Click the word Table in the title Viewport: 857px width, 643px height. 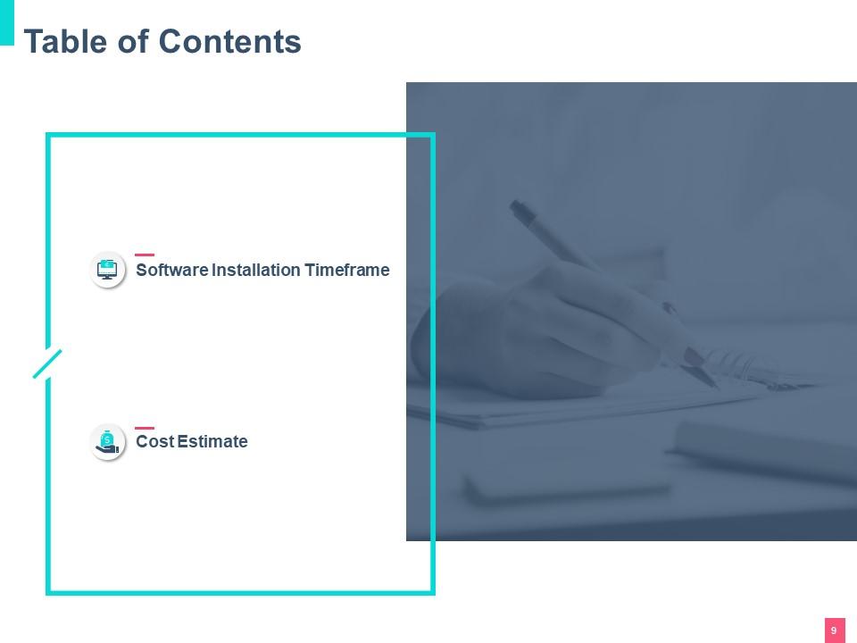pyautogui.click(x=65, y=42)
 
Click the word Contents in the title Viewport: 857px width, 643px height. pyautogui.click(x=229, y=42)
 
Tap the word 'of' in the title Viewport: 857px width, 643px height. pyautogui.click(x=133, y=42)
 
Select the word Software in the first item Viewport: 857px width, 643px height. pyautogui.click(x=172, y=270)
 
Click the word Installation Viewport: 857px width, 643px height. pyautogui.click(x=256, y=270)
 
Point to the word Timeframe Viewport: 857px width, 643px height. pyautogui.click(x=347, y=270)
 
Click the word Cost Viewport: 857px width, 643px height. pyautogui.click(x=154, y=441)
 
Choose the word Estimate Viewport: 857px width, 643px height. pyautogui.click(x=212, y=441)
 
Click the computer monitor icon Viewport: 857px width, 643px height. pyautogui.click(x=107, y=269)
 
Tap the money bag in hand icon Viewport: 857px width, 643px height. pyautogui.click(x=107, y=441)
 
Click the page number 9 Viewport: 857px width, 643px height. pyautogui.click(x=834, y=630)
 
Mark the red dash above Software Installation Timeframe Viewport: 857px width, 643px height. pyautogui.click(x=145, y=255)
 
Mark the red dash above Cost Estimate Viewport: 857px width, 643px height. pyautogui.click(x=145, y=428)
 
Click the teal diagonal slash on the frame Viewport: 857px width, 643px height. pyautogui.click(x=47, y=363)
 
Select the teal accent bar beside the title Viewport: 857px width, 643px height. pyautogui.click(x=6, y=22)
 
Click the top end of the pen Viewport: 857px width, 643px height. pyautogui.click(x=514, y=205)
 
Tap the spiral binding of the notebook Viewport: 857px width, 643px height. pyautogui.click(x=754, y=372)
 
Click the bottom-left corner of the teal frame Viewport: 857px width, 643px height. pyautogui.click(x=48, y=593)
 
